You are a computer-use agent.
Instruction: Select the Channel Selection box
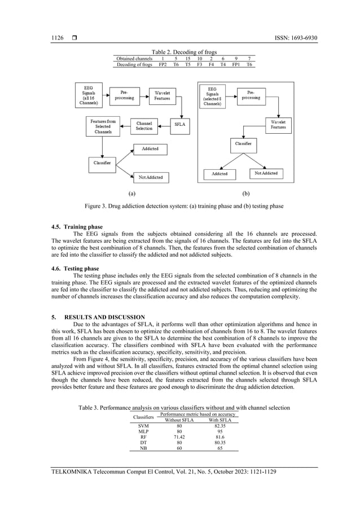tap(144, 126)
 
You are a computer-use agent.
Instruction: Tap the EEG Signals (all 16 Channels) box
tap(89, 95)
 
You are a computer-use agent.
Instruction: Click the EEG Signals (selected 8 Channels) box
tap(212, 96)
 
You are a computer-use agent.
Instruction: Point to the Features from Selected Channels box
tap(103, 126)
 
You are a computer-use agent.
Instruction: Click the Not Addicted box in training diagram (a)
tap(150, 177)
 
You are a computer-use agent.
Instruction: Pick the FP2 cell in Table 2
tap(163, 65)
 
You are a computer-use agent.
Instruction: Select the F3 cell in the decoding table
tap(199, 65)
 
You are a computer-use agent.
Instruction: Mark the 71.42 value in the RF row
tap(179, 437)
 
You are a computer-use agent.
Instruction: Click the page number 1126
tap(58, 38)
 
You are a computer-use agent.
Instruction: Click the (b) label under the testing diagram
tap(245, 193)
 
